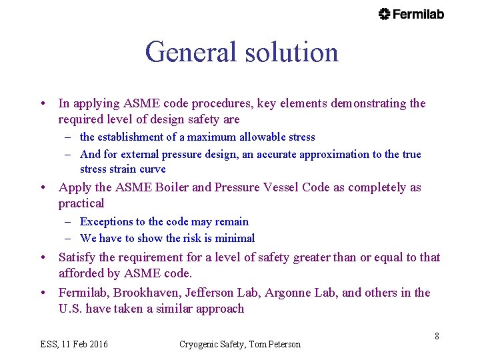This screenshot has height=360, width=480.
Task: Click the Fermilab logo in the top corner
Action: click(x=411, y=14)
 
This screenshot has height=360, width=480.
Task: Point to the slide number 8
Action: click(x=437, y=336)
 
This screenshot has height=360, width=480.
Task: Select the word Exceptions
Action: click(x=105, y=221)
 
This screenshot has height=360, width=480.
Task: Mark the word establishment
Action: click(x=131, y=137)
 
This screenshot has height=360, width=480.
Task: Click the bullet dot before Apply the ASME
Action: click(x=42, y=187)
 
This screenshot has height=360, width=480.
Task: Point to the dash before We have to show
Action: click(x=69, y=238)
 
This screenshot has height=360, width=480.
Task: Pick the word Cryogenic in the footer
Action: click(x=199, y=344)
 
